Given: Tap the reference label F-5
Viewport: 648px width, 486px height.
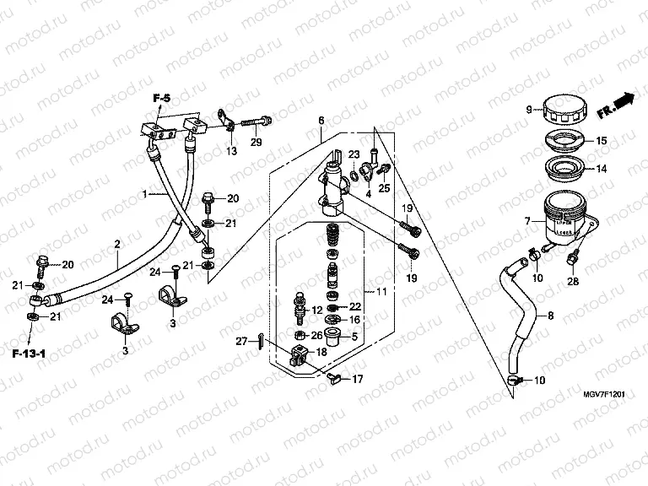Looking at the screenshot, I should coord(161,100).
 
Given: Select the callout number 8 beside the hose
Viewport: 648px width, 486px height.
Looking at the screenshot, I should coord(551,316).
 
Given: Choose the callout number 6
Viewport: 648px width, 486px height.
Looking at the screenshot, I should coord(321,121).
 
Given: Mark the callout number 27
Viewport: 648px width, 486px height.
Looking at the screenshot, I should coord(241,341).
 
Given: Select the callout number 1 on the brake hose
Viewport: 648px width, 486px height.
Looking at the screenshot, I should coord(144,194).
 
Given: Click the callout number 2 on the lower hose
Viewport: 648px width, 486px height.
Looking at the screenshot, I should coord(117,245).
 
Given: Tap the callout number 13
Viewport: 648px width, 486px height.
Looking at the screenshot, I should coord(230,151).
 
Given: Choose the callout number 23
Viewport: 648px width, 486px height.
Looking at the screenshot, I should coord(354,154).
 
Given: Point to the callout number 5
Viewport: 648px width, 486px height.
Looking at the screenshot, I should coord(354,337).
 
